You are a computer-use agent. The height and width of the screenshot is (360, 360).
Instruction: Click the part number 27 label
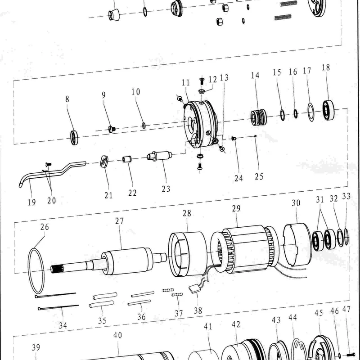pyautogui.click(x=119, y=221)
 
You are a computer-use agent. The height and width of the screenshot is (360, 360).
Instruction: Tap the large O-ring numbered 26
pyautogui.click(x=29, y=271)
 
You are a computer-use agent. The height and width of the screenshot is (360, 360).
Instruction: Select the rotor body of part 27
pyautogui.click(x=127, y=261)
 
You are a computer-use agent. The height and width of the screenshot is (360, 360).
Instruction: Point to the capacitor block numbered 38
pyautogui.click(x=194, y=289)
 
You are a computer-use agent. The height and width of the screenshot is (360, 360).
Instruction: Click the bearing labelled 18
pyautogui.click(x=328, y=110)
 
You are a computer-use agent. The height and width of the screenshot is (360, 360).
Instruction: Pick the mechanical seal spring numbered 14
pyautogui.click(x=258, y=117)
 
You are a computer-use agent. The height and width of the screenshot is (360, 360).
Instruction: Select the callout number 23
pyautogui.click(x=166, y=189)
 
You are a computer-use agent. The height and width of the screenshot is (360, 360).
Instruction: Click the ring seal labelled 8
pyautogui.click(x=74, y=138)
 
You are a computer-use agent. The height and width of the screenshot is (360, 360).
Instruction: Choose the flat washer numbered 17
pyautogui.click(x=311, y=112)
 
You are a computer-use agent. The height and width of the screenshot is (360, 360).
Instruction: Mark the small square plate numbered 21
pyautogui.click(x=104, y=161)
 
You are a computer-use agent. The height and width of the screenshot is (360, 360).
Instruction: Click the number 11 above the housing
pyautogui.click(x=186, y=82)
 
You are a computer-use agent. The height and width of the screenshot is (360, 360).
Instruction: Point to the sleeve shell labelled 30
pyautogui.click(x=297, y=244)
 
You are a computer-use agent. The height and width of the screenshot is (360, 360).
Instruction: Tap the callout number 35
pyautogui.click(x=102, y=320)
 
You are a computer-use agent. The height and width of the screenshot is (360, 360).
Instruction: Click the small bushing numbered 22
pyautogui.click(x=127, y=159)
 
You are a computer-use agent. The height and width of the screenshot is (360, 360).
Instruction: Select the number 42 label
pyautogui.click(x=236, y=324)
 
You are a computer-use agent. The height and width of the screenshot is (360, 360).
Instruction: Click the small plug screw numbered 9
pyautogui.click(x=112, y=129)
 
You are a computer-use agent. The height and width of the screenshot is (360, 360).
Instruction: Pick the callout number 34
pyautogui.click(x=63, y=325)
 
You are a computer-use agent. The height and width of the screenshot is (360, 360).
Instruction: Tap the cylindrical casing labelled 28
pyautogui.click(x=188, y=254)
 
